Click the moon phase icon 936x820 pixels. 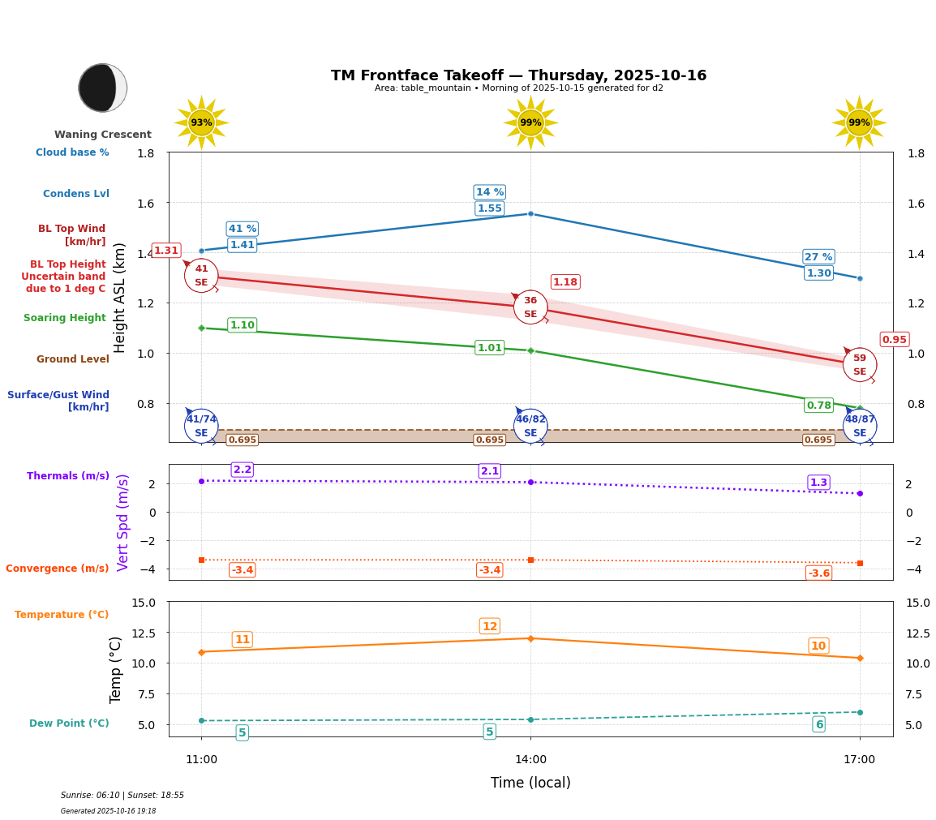click(x=102, y=88)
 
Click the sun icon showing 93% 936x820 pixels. click(x=201, y=122)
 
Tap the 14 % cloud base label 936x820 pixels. click(x=489, y=192)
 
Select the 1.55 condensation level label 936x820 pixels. click(x=489, y=208)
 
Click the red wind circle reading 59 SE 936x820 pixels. click(x=859, y=365)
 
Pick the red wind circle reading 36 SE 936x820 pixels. click(x=530, y=307)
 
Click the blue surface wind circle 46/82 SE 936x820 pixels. click(x=530, y=426)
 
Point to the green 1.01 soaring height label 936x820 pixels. click(x=489, y=348)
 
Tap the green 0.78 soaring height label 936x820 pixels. click(x=818, y=406)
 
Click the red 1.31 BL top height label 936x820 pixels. click(x=166, y=251)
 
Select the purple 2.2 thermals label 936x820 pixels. click(x=243, y=470)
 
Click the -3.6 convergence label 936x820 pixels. click(x=818, y=573)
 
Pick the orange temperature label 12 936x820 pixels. click(x=489, y=626)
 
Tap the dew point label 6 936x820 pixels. click(x=818, y=724)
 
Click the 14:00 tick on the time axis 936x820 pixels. click(x=530, y=760)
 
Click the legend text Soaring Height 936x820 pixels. click(x=65, y=318)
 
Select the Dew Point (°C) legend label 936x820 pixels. click(x=69, y=723)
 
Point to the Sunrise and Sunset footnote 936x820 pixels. click(x=122, y=796)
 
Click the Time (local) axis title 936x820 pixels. click(x=530, y=783)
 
